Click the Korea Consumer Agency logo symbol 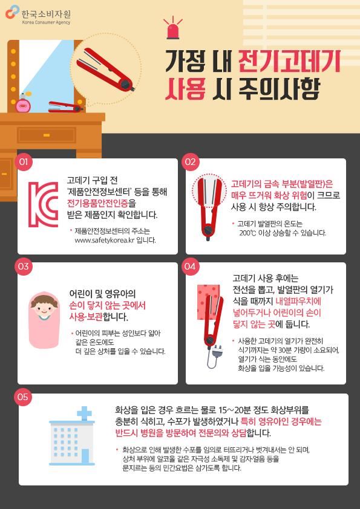point(12,11)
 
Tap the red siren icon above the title point(173,28)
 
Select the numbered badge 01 point(24,161)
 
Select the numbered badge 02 point(190,161)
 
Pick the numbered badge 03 point(24,266)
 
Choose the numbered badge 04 point(190,266)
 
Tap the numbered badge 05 point(23,397)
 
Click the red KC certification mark point(43,204)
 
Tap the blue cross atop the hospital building point(84,413)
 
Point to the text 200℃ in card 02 point(247,233)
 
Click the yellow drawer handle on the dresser point(47,135)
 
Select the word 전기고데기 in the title point(289,61)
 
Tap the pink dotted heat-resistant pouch point(208,302)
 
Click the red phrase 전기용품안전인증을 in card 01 point(102,203)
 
